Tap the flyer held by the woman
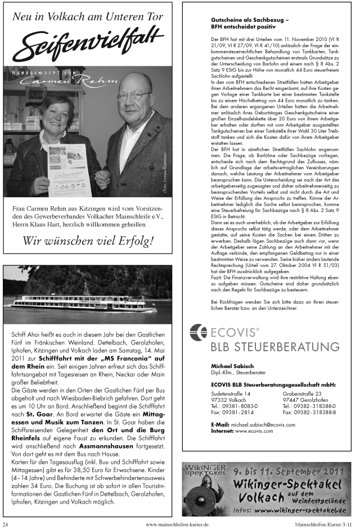point(68,169)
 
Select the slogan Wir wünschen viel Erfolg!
point(88,241)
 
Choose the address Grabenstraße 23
point(301,393)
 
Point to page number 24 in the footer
point(5,524)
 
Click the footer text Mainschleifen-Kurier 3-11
point(325,524)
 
